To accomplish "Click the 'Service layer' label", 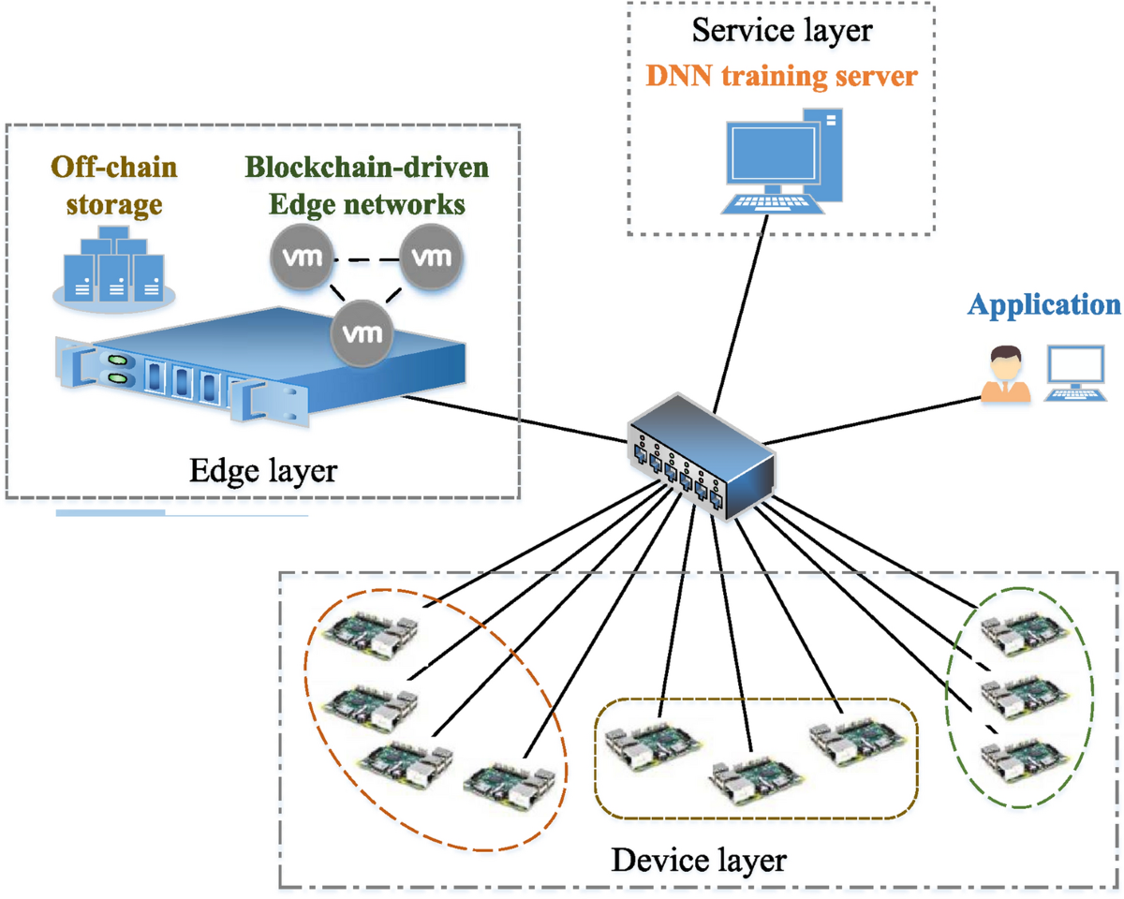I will [782, 30].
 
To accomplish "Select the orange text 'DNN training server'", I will [783, 75].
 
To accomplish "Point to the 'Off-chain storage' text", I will [115, 185].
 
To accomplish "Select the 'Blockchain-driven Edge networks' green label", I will [367, 185].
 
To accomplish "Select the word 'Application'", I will [1043, 304].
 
